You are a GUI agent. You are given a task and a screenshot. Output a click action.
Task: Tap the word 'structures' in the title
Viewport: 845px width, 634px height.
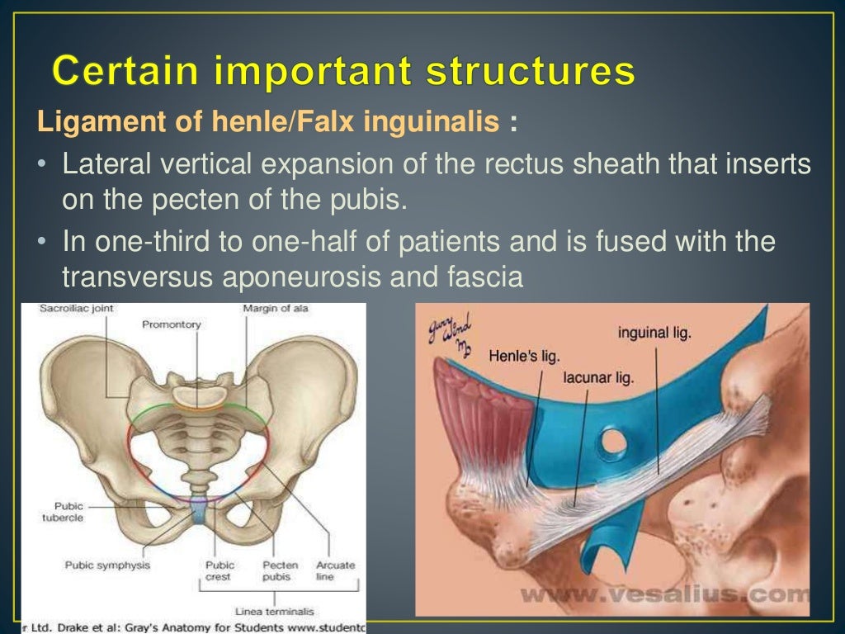(x=531, y=72)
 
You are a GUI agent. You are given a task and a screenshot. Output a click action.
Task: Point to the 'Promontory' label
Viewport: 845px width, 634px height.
(x=172, y=324)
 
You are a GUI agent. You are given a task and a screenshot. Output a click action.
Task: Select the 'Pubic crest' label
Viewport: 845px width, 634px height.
(x=220, y=571)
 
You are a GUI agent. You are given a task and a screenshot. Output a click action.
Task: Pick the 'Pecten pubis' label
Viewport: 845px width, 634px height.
(x=280, y=571)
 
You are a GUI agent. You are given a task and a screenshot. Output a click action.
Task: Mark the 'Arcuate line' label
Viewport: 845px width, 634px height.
(x=335, y=571)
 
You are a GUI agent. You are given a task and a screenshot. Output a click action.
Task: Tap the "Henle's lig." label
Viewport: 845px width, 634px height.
(x=524, y=356)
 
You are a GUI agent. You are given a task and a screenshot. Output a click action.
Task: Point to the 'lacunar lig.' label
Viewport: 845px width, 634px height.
(x=599, y=377)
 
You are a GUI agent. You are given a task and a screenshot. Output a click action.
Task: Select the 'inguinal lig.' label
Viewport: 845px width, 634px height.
(x=654, y=334)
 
